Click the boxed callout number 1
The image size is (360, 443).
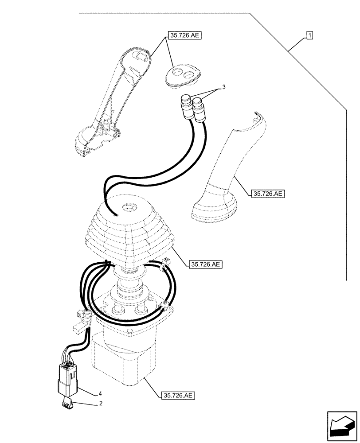[309, 35]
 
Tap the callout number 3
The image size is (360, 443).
[224, 88]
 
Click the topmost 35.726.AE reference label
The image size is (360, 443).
[185, 35]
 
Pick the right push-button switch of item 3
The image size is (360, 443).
[199, 111]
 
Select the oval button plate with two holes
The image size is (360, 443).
[183, 75]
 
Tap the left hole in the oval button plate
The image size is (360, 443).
[178, 73]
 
